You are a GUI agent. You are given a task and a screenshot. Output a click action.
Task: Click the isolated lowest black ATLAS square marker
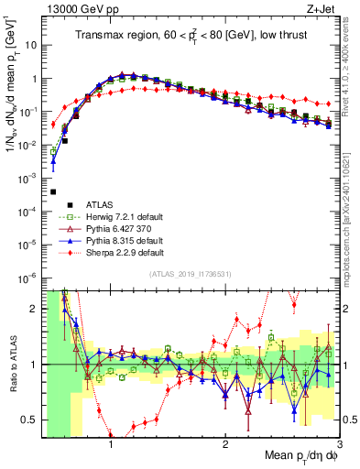tap(53, 192)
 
